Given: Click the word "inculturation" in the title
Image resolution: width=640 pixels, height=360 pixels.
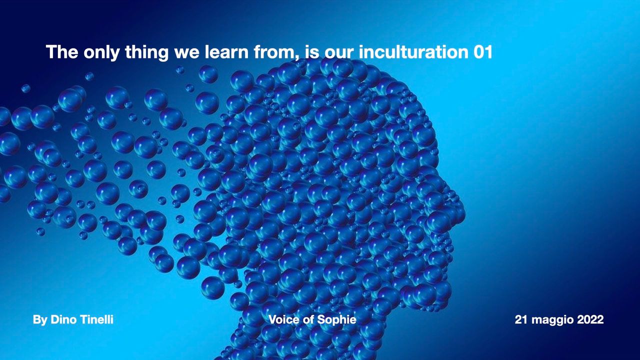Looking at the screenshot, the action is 413,51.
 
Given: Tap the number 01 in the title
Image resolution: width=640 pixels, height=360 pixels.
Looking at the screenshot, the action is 483,52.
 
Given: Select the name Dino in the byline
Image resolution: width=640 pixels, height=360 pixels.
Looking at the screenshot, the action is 63,319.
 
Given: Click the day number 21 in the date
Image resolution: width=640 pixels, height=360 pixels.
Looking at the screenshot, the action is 521,319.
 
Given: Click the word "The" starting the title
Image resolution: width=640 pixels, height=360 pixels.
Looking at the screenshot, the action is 62,51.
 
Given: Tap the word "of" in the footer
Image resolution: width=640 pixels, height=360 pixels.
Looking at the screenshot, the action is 308,319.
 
